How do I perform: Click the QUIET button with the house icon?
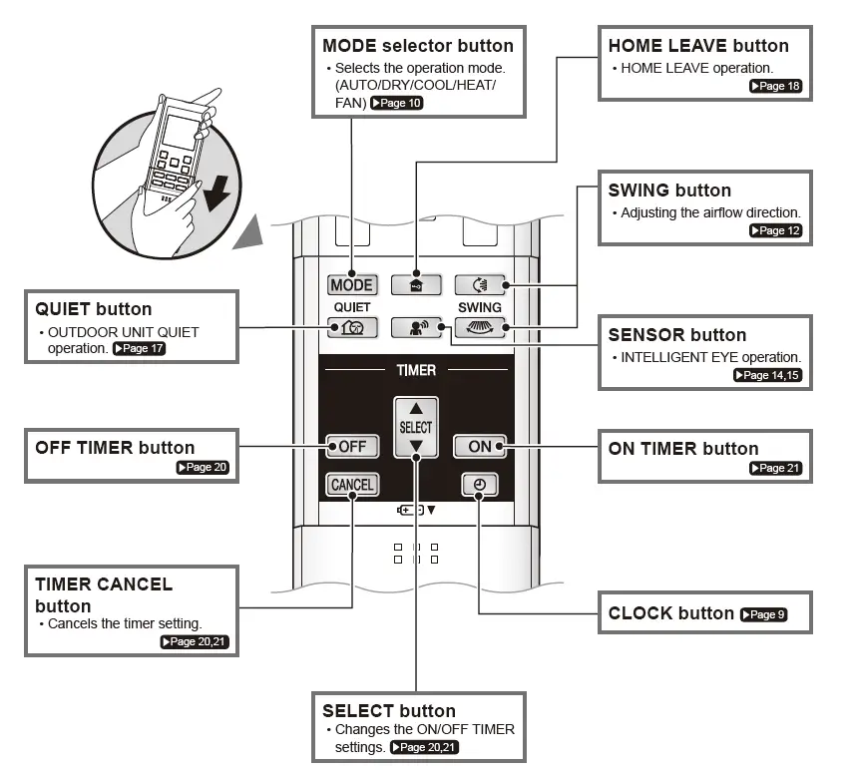point(352,326)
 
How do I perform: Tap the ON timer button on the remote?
point(480,446)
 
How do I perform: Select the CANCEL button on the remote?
point(352,485)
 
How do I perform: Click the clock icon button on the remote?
point(480,485)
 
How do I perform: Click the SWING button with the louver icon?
point(480,326)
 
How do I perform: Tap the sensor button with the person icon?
point(416,326)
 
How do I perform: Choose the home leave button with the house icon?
point(416,285)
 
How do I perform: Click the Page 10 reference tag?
point(397,104)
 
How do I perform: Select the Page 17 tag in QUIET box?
point(140,349)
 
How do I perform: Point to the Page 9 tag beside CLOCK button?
point(763,614)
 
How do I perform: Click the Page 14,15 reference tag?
point(767,376)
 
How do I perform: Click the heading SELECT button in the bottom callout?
point(389,711)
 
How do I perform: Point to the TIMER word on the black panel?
point(416,370)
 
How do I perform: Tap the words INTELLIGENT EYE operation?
point(710,357)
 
